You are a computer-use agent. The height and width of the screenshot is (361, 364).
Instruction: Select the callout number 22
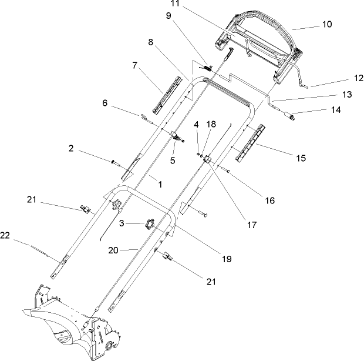click(6, 236)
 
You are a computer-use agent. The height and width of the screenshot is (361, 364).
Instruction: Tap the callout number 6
click(105, 102)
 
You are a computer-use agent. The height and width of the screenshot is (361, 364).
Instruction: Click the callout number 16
click(269, 200)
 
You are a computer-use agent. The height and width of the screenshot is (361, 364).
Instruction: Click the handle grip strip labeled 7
click(166, 91)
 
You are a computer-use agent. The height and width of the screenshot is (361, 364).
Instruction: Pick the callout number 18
click(211, 125)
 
